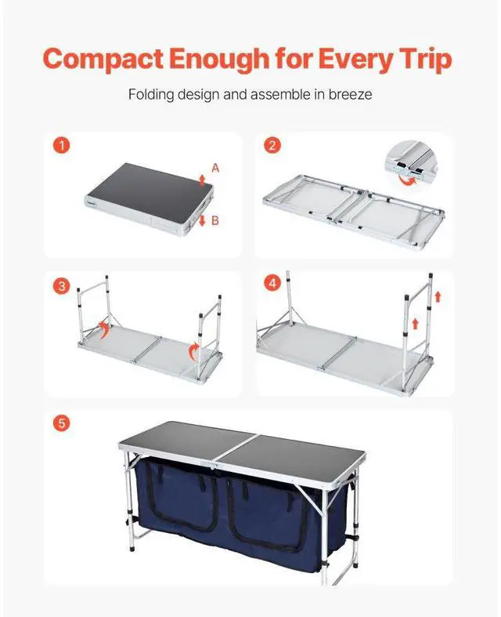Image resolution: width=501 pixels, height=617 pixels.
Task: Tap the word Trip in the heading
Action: click(x=426, y=60)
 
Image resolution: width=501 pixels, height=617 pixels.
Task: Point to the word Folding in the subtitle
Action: click(x=151, y=95)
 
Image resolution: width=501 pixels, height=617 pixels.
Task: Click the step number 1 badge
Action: click(x=61, y=146)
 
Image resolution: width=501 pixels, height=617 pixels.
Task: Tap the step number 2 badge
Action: click(x=272, y=146)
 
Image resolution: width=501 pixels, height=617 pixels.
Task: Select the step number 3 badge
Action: click(x=61, y=285)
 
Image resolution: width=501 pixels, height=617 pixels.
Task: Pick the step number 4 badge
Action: click(x=272, y=283)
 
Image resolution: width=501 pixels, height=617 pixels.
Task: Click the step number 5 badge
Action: click(x=61, y=423)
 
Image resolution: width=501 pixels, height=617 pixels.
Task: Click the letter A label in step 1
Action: click(x=215, y=169)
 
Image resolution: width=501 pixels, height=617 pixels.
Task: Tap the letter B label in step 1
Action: click(x=215, y=220)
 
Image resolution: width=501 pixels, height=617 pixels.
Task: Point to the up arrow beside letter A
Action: click(x=202, y=180)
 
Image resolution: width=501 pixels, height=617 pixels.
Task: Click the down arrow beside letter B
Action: click(x=203, y=220)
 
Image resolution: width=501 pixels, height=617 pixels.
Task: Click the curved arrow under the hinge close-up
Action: click(x=407, y=180)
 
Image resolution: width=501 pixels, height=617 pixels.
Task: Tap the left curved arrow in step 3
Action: click(x=103, y=330)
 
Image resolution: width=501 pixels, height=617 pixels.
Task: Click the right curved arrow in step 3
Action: click(x=193, y=351)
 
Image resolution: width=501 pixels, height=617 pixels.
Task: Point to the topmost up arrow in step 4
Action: click(x=438, y=296)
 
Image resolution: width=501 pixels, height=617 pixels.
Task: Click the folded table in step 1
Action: click(x=150, y=199)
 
